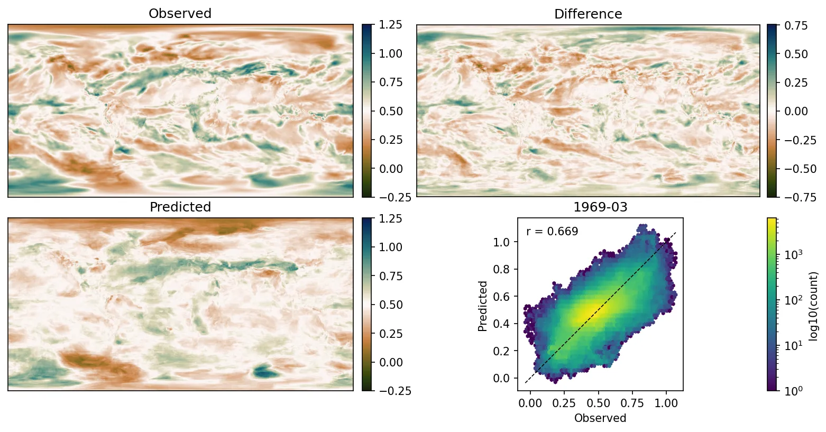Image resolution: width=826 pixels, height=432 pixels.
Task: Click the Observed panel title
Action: tap(180, 14)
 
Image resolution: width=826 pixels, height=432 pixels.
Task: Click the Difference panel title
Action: tap(588, 14)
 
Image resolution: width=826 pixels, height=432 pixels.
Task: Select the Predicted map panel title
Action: tap(180, 207)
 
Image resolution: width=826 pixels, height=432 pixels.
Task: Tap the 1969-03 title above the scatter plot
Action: tap(600, 207)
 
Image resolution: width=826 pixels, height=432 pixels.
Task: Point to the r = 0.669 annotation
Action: tap(552, 232)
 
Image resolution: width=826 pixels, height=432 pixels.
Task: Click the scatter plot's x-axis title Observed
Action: tap(600, 418)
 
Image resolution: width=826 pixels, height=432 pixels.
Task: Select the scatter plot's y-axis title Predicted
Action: tap(482, 306)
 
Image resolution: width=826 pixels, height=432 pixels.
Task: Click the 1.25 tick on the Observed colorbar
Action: tap(390, 25)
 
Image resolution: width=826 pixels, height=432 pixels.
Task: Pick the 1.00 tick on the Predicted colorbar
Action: tap(390, 247)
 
